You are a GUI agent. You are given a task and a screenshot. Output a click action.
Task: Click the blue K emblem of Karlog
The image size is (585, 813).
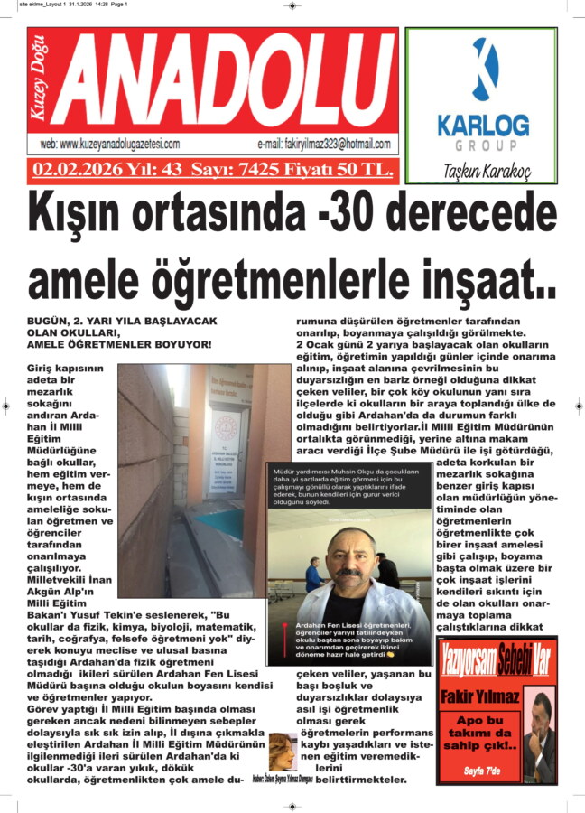click(485, 71)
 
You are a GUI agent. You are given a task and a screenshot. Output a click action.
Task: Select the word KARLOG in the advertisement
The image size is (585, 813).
click(483, 124)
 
